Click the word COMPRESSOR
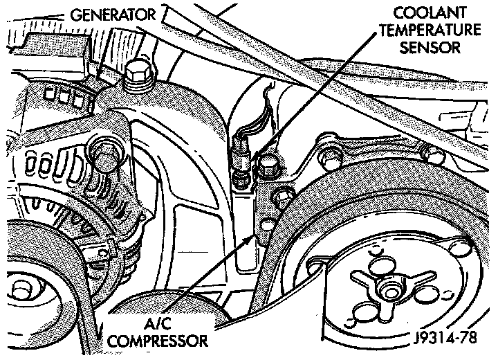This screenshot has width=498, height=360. tap(162, 341)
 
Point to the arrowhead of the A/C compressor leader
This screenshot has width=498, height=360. tap(254, 237)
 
